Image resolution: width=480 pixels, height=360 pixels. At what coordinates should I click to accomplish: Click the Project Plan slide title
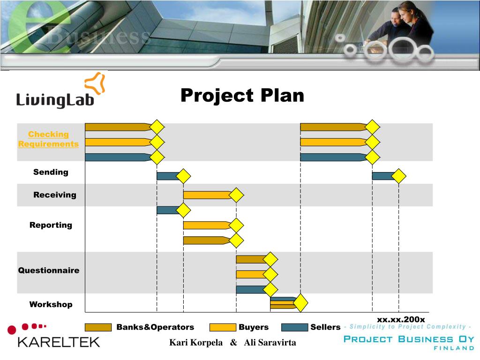click(x=242, y=96)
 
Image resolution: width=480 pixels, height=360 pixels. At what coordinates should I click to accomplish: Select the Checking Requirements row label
click(x=48, y=139)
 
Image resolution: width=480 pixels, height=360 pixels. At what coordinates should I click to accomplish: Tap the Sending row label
click(x=51, y=172)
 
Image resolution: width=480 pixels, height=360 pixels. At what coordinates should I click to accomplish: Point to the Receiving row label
click(x=54, y=195)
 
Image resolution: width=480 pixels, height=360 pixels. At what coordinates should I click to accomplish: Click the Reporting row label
click(x=51, y=225)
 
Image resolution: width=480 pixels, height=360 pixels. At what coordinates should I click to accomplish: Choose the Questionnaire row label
click(x=49, y=270)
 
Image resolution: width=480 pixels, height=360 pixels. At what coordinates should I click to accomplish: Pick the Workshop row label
click(x=51, y=305)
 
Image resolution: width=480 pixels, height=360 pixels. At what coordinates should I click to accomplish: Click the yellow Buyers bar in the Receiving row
click(x=206, y=195)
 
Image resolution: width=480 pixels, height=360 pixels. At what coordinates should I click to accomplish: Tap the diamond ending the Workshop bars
click(x=300, y=303)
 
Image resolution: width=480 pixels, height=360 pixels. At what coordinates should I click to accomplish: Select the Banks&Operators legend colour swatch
click(x=98, y=327)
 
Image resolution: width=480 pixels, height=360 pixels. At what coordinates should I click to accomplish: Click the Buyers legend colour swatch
click(x=222, y=327)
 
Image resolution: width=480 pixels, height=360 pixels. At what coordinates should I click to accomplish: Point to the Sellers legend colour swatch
click(x=294, y=327)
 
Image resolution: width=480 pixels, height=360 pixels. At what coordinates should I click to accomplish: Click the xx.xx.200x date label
click(x=401, y=319)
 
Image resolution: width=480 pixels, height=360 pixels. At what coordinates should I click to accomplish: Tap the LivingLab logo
click(x=60, y=92)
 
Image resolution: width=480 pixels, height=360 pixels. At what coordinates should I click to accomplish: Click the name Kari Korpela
click(x=196, y=343)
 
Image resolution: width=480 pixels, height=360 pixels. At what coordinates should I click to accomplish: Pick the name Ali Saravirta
click(x=270, y=343)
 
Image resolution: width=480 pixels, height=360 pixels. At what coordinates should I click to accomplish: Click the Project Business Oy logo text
click(x=409, y=339)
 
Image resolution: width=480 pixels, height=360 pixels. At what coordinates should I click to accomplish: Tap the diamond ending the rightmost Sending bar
click(x=398, y=176)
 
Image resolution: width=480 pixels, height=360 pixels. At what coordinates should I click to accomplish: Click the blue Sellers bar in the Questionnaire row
click(x=251, y=290)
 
